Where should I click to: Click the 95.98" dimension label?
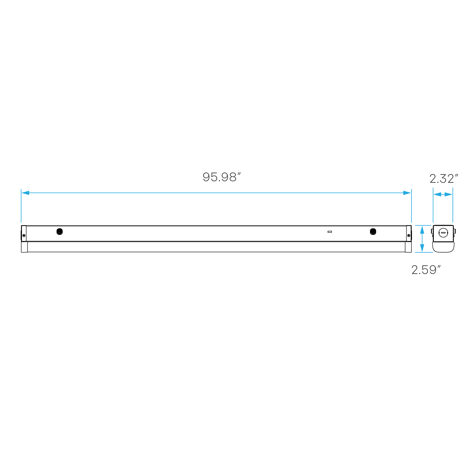221,177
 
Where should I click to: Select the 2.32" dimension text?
443,179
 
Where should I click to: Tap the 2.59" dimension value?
426,270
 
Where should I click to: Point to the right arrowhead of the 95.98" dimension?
407,193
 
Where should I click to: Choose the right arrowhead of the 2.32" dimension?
449,194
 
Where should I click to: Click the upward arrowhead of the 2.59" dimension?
422,230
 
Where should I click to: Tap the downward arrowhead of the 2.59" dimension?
422,248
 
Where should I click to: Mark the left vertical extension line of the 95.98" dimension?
21,210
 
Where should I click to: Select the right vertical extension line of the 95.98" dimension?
411,210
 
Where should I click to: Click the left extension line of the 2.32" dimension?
433,210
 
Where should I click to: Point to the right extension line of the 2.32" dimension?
453,210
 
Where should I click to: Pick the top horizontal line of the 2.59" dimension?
423,225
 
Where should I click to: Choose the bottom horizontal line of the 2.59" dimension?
424,252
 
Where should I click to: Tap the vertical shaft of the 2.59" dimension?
422,239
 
